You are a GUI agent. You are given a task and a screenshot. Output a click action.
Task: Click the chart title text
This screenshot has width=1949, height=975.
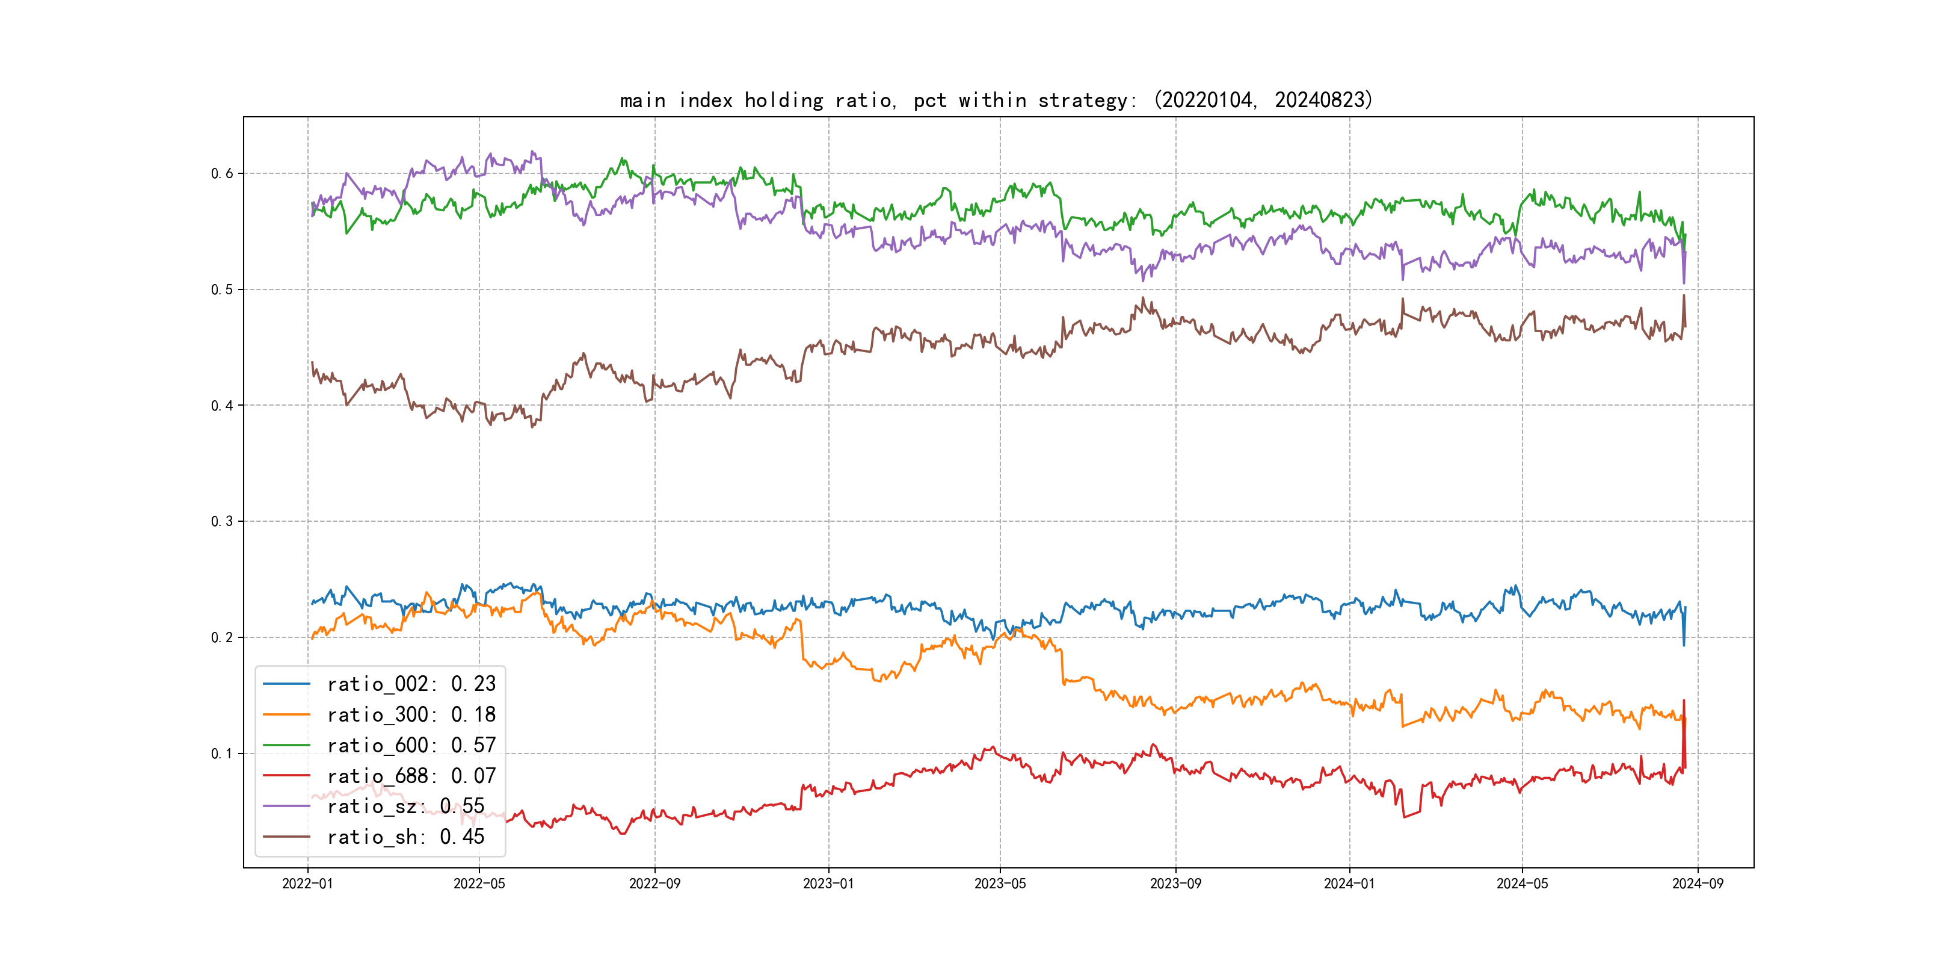[996, 100]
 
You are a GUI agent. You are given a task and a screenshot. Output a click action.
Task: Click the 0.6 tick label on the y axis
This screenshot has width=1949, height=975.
[222, 173]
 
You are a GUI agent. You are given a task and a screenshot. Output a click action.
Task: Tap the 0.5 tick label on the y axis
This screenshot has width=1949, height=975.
[222, 289]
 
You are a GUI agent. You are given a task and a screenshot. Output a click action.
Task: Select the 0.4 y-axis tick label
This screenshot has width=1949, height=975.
[222, 406]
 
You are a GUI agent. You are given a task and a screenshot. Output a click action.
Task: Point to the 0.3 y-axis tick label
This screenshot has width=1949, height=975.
[222, 522]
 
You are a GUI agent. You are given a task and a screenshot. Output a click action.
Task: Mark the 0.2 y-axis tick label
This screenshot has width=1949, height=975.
[222, 637]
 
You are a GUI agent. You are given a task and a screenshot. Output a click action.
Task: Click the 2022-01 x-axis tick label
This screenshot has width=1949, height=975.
[307, 884]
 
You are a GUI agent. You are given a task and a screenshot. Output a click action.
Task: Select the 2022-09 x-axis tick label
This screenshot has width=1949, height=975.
[654, 884]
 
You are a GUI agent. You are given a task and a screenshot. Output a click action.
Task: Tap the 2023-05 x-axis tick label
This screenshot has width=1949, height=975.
[1000, 884]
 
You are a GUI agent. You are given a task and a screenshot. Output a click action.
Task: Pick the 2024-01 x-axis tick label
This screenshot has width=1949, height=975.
[1349, 884]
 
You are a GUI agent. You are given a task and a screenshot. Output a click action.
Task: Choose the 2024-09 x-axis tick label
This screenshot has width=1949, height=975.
[1698, 884]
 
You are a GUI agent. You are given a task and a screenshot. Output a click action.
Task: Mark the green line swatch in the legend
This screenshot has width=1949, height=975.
[286, 745]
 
